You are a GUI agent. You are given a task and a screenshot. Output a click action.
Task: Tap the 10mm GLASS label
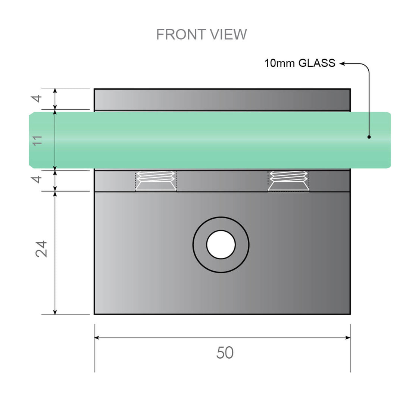point(300,63)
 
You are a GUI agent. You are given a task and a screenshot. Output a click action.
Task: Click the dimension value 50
point(225,353)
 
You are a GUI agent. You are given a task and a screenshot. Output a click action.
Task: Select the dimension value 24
point(42,249)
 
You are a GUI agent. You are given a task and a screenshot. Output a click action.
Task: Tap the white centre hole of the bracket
point(221,244)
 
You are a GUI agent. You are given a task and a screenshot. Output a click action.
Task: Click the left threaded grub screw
point(156,181)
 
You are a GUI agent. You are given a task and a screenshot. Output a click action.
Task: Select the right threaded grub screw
point(288,181)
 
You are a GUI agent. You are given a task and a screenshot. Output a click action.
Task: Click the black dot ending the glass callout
point(369,137)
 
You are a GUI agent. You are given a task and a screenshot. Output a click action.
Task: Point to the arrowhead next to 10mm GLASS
point(343,64)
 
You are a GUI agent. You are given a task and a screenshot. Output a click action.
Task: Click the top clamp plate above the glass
point(222,99)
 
